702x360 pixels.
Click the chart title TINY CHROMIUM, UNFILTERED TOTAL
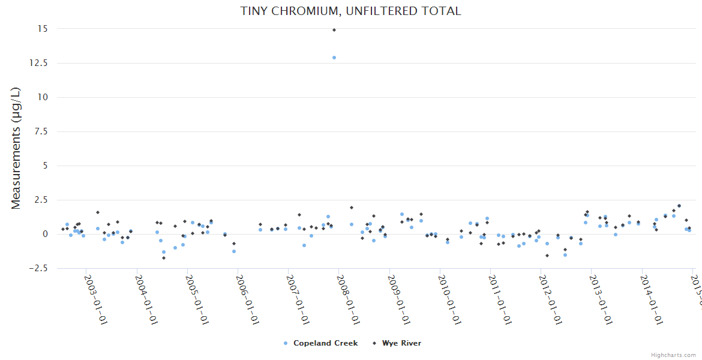click(350, 11)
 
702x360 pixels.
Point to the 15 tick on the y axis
click(43, 29)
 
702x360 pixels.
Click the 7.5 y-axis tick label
click(41, 131)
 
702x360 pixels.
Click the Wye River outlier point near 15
click(334, 30)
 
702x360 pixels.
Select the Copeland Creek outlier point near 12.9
click(334, 58)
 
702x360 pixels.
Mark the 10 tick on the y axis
click(43, 97)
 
